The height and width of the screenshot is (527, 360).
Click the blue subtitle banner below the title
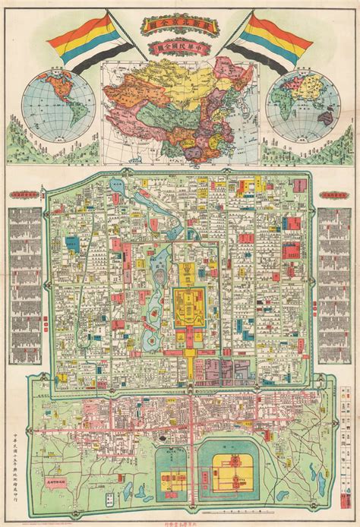tap(180, 50)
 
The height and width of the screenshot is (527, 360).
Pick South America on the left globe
tap(62, 118)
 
